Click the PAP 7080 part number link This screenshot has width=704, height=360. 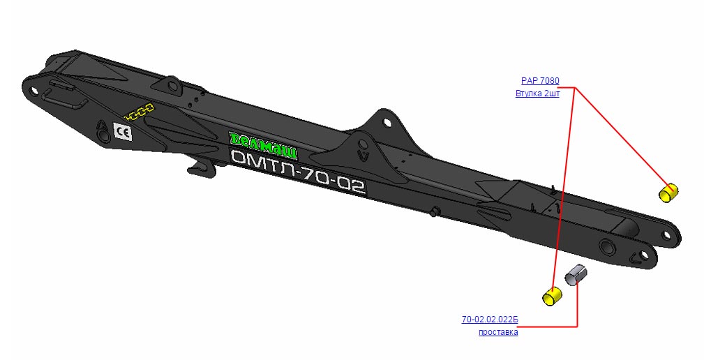coord(540,81)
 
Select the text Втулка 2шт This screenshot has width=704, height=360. coord(537,93)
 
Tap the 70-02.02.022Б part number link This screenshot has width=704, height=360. coord(490,320)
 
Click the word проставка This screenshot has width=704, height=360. coord(498,332)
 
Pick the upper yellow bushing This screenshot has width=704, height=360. coord(668,193)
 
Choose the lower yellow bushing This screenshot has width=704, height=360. coord(552,296)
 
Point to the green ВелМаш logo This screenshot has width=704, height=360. coord(263,145)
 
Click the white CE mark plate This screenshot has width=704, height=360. coord(123,132)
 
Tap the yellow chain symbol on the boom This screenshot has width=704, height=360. coord(139,112)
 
